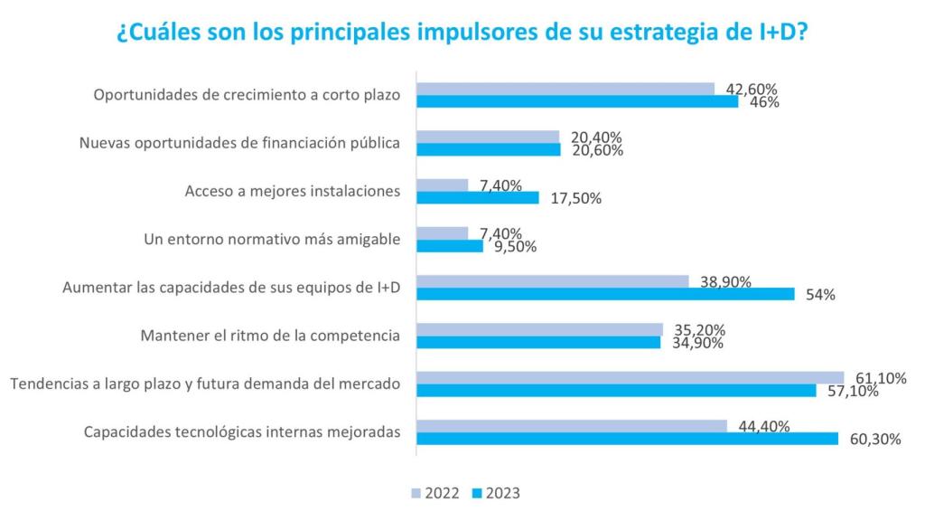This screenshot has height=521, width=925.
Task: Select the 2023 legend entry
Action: tap(495, 493)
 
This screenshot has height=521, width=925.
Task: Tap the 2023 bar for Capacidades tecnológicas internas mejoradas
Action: tap(627, 439)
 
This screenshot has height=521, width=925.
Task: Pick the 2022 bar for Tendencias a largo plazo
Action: tap(630, 378)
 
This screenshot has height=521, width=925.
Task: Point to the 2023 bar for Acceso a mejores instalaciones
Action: tap(477, 197)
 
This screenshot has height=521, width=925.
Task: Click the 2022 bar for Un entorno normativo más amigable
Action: tap(442, 233)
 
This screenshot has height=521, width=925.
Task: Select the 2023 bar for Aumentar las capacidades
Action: tap(605, 294)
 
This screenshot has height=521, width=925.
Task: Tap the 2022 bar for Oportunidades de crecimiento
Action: tap(565, 89)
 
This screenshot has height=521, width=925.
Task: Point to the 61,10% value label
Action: tap(880, 378)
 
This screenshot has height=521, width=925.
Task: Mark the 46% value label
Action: tap(761, 102)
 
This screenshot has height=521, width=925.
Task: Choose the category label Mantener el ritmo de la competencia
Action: tap(270, 336)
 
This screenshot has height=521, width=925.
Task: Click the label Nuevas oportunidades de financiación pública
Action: tap(239, 143)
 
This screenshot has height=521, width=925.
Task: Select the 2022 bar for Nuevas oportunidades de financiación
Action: tap(488, 137)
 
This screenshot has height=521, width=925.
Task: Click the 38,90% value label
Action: tap(724, 281)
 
